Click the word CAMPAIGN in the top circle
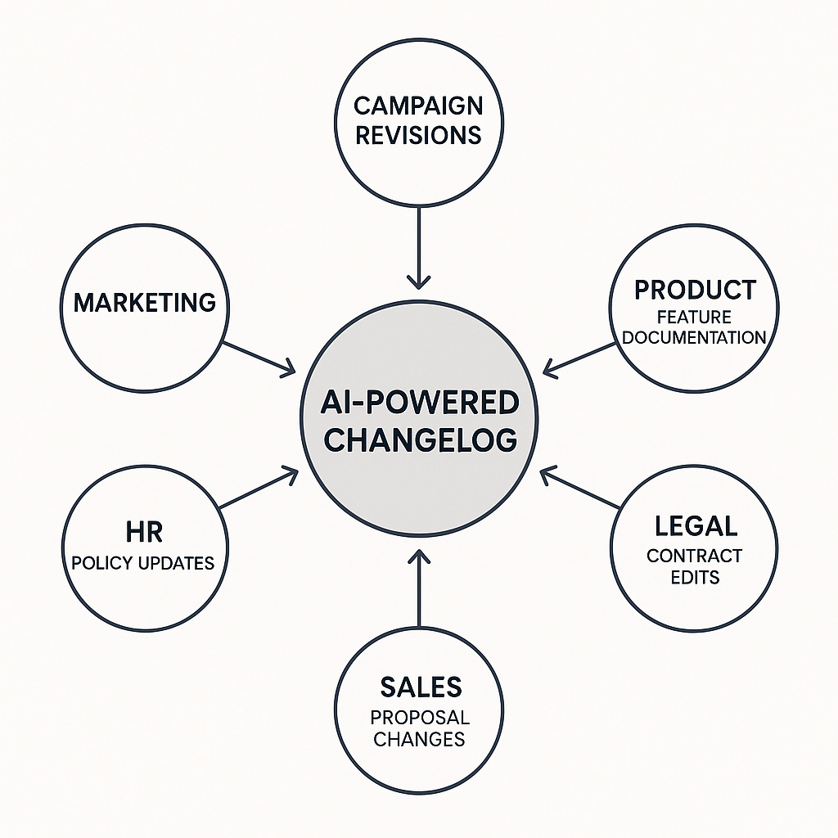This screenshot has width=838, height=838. click(418, 106)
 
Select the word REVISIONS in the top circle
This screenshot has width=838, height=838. click(418, 134)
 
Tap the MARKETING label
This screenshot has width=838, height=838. click(145, 303)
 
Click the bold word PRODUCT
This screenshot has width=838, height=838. click(695, 290)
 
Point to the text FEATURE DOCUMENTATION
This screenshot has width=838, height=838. click(693, 327)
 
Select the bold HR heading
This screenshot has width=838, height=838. click(144, 532)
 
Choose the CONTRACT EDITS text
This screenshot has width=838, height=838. click(694, 566)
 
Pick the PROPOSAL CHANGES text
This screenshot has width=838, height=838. click(419, 728)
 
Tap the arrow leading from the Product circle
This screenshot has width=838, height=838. click(580, 359)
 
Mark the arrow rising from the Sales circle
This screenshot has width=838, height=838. click(418, 589)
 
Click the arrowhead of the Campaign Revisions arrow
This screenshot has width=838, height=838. click(418, 282)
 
